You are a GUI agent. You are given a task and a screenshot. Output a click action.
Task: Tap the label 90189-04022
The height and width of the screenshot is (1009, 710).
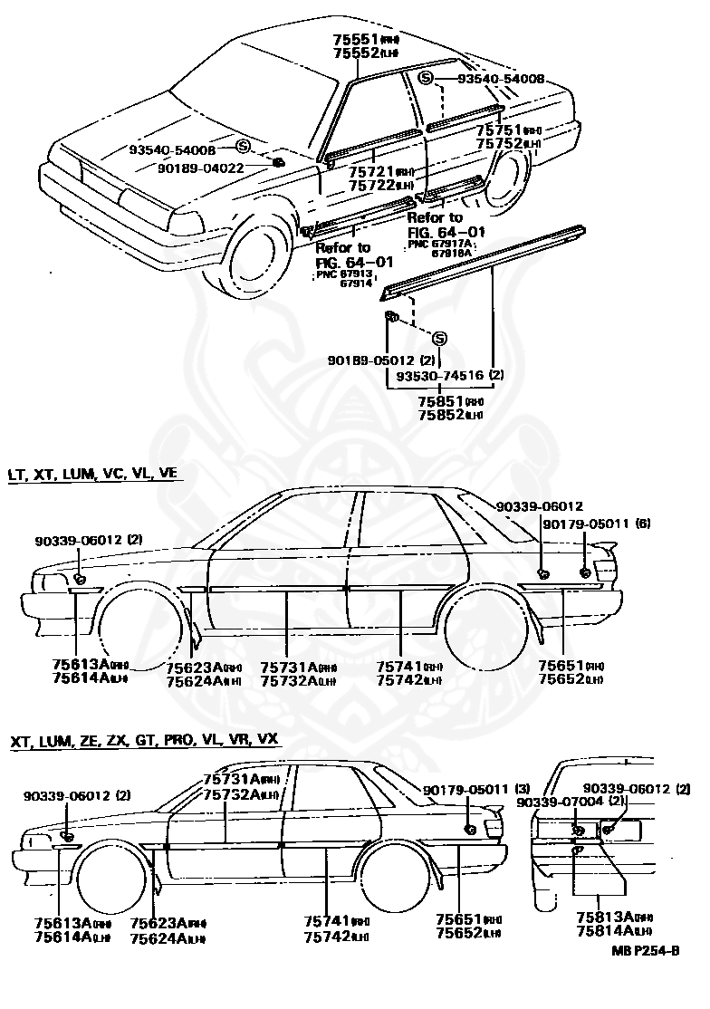pos(200,168)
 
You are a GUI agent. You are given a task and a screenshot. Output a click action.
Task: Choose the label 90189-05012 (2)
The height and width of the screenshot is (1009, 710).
pos(367,360)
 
